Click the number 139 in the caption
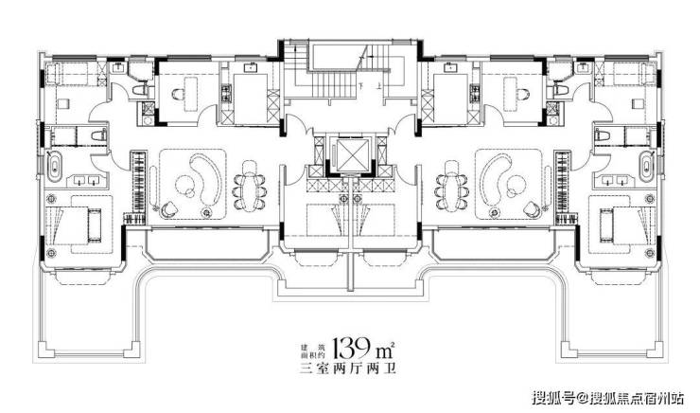point(350,347)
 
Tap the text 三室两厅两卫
point(348,368)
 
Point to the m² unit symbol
point(386,349)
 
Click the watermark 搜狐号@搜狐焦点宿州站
point(609,397)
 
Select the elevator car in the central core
point(353,154)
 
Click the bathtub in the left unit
point(55,167)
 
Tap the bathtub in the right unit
point(645,167)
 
